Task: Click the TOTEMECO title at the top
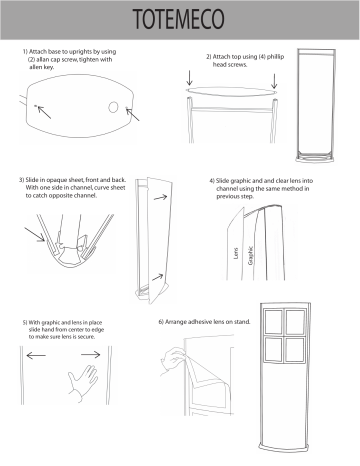[x=180, y=21]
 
